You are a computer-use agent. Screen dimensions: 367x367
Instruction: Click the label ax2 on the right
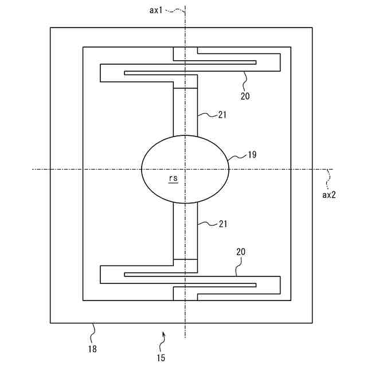[x=329, y=194]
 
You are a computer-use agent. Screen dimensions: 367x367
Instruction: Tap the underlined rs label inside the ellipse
[x=173, y=178]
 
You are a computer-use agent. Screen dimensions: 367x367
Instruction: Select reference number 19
[x=252, y=155]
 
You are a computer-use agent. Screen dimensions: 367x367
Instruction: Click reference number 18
[x=92, y=348]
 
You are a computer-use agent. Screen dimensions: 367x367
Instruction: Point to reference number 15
[x=161, y=358]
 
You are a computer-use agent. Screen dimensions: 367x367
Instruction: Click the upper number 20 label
[x=245, y=96]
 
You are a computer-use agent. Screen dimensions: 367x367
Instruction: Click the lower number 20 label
[x=241, y=252]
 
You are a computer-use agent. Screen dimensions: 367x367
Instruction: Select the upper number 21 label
[x=222, y=115]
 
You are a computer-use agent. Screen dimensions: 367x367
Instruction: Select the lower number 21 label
[x=222, y=224]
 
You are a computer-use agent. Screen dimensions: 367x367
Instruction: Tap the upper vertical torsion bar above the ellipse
[x=185, y=112]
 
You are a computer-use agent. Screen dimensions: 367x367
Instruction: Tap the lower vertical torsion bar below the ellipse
[x=185, y=229]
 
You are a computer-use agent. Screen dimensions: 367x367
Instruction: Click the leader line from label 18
[x=93, y=333]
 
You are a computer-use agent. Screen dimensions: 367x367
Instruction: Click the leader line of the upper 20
[x=244, y=80]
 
